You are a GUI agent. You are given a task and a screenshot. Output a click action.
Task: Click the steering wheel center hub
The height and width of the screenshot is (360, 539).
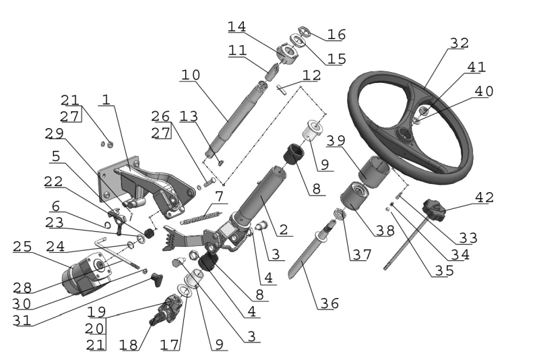(x=405, y=133)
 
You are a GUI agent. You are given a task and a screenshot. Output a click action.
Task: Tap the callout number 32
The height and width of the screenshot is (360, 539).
(x=459, y=43)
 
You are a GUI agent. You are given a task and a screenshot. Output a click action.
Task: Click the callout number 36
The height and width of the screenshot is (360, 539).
(x=329, y=303)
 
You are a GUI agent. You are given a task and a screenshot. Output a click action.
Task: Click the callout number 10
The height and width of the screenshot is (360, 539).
(x=191, y=75)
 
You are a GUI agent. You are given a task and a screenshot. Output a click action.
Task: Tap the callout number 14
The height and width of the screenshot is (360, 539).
(x=237, y=26)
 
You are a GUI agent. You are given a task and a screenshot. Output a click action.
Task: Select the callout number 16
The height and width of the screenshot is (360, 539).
(x=336, y=34)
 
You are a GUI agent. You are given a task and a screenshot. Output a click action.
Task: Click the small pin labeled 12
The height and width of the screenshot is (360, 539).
(x=281, y=90)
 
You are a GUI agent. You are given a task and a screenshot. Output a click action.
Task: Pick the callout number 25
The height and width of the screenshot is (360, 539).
(x=22, y=247)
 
